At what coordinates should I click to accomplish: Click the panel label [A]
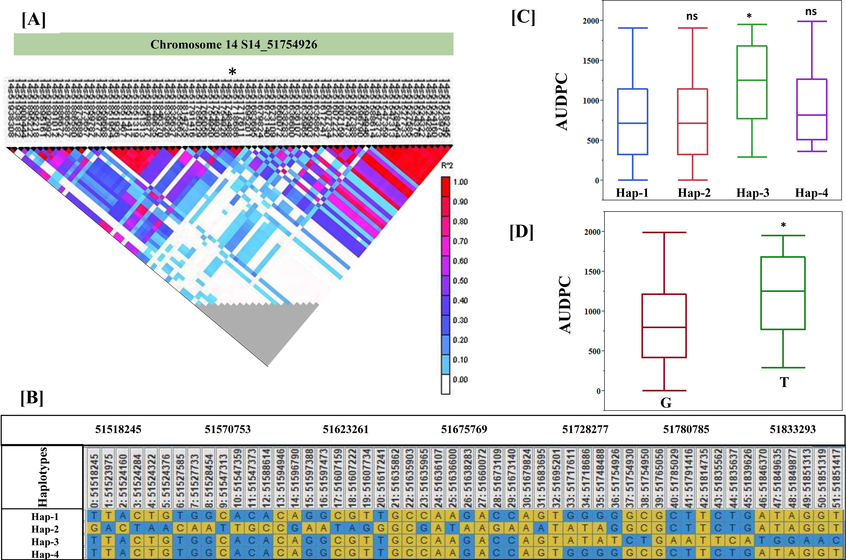[x=34, y=20]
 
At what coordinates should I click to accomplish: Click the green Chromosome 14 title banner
[x=234, y=44]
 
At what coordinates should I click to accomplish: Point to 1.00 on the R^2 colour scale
[x=460, y=182]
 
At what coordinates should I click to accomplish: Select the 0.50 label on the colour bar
[x=460, y=281]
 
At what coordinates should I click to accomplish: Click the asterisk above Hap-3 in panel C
[x=749, y=16]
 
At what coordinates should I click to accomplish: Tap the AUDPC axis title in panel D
[x=565, y=305]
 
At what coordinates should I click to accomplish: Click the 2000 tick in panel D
[x=592, y=232]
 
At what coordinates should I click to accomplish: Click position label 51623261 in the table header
[x=345, y=429]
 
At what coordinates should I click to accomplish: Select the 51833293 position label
[x=792, y=429]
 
